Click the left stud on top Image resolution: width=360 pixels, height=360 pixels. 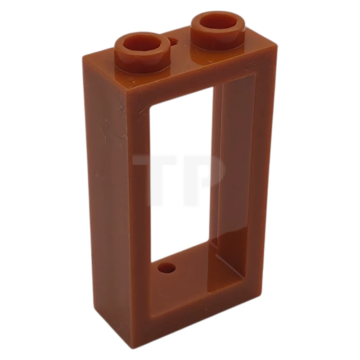click(142, 52)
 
